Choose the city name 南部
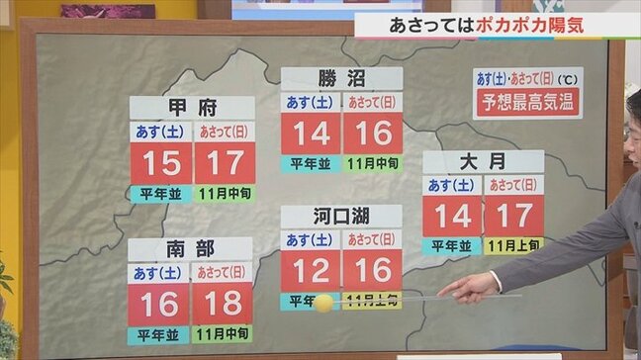(190, 249)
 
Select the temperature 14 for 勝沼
(312, 134)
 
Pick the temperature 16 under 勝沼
(373, 134)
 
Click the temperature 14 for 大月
(453, 216)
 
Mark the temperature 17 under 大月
(513, 216)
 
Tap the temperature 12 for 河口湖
(312, 270)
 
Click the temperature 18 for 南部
(222, 304)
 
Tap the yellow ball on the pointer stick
(323, 303)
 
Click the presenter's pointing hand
(471, 287)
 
